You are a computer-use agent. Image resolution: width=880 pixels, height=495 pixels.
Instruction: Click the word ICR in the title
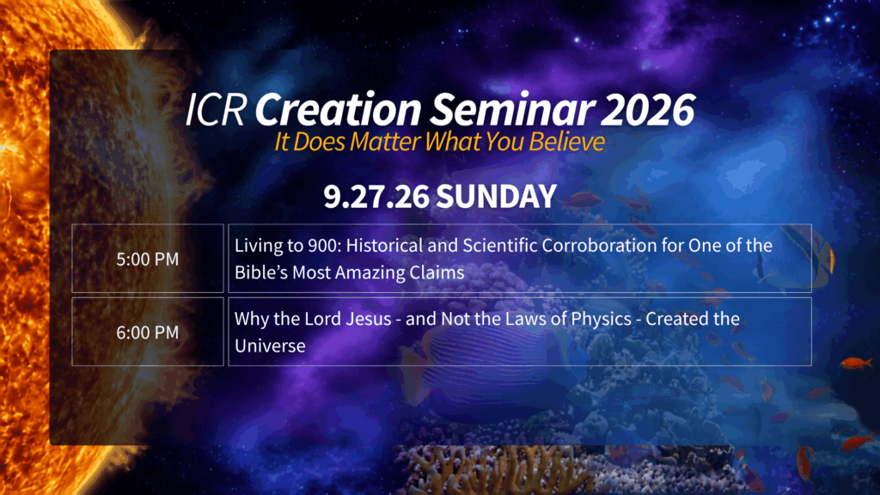(216, 109)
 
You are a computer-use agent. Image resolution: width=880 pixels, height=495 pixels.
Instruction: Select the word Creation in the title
(338, 109)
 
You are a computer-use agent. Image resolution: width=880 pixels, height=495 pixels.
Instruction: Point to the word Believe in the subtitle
(566, 142)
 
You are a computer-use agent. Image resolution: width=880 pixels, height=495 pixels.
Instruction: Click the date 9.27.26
(376, 197)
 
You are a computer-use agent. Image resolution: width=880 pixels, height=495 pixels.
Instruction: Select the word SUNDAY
(496, 197)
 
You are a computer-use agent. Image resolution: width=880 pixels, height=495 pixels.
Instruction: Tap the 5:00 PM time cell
(148, 259)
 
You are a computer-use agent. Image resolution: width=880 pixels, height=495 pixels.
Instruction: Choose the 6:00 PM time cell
(148, 333)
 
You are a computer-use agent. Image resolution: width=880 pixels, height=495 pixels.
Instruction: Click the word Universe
(270, 345)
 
